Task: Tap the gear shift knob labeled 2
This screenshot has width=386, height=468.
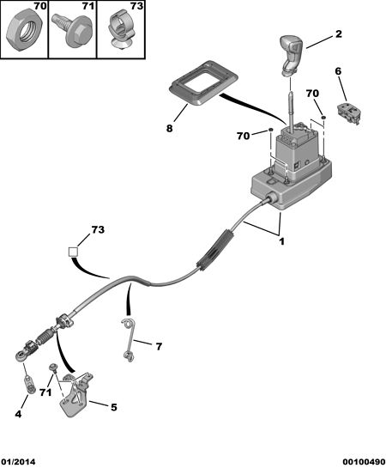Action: tap(291, 54)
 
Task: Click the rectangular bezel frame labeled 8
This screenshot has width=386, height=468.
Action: tap(203, 83)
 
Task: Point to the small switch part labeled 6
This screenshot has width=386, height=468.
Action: tap(349, 113)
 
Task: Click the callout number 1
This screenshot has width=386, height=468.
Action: tap(281, 241)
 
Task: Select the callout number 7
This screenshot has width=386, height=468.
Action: tap(159, 347)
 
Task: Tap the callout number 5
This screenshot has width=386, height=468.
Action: tap(114, 407)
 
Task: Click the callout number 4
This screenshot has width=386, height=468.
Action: tap(18, 414)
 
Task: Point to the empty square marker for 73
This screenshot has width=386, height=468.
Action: tap(73, 252)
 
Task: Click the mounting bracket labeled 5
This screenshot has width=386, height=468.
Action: tap(75, 393)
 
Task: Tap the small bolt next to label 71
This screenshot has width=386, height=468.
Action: tap(54, 368)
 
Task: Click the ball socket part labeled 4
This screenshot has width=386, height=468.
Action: tap(29, 385)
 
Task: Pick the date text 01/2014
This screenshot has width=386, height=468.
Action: tap(18, 462)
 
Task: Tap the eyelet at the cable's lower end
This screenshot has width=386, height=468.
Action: tap(21, 356)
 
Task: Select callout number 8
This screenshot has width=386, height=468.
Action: tap(169, 129)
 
